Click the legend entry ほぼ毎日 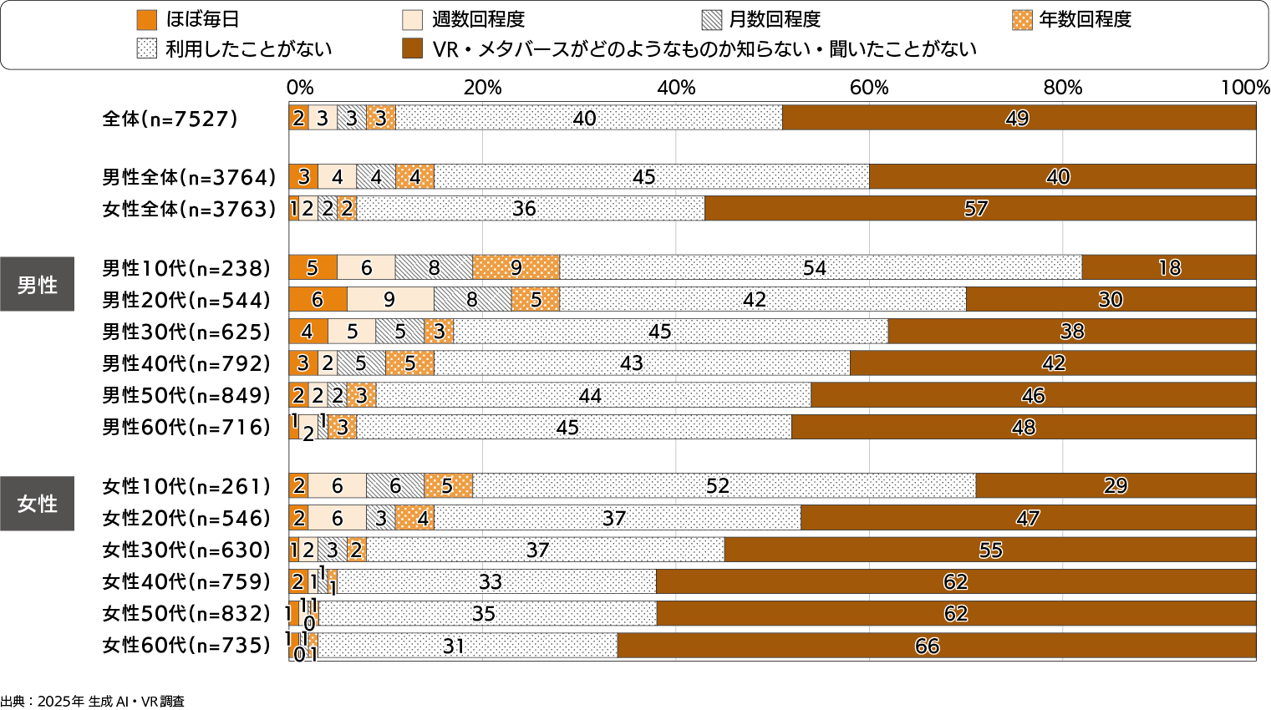point(191,19)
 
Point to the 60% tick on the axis point(869,88)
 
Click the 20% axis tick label point(483,88)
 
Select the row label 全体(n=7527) point(170,119)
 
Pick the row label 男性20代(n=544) point(186,300)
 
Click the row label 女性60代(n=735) point(186,646)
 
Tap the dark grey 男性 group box point(38,285)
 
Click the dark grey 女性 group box point(38,504)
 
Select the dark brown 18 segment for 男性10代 point(1168,267)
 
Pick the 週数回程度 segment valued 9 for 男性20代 point(389,300)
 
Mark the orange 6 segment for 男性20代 point(318,300)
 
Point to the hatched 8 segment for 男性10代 point(434,267)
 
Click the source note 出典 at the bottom point(92,702)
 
